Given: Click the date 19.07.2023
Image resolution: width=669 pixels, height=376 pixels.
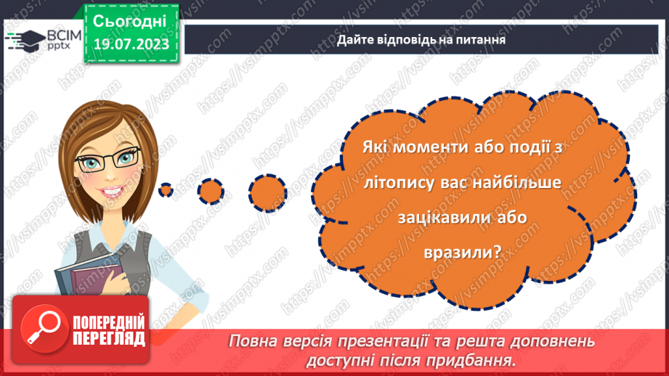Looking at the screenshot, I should pyautogui.click(x=131, y=44).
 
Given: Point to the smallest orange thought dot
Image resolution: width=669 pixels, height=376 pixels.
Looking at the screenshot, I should pyautogui.click(x=166, y=190).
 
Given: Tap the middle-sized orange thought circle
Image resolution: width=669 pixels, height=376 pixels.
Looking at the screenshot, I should pyautogui.click(x=211, y=190).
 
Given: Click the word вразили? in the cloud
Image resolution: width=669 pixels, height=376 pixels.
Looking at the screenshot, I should pyautogui.click(x=462, y=253).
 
